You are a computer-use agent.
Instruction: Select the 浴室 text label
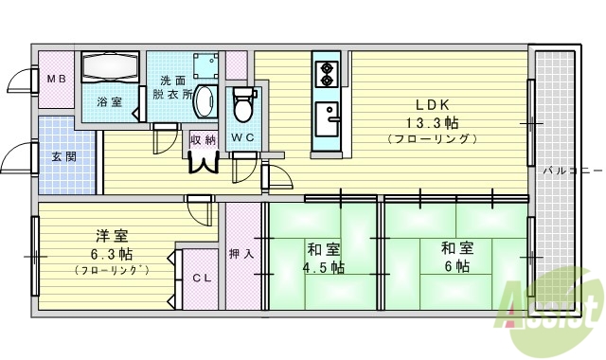coord(109,101)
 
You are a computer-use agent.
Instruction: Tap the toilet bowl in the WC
coord(242,104)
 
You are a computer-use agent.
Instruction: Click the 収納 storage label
coord(203,139)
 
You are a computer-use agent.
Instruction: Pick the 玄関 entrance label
coord(64,156)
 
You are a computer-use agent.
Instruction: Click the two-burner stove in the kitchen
coord(327,72)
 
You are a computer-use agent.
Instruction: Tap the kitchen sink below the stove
coord(330,118)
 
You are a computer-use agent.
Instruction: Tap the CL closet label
coord(201,278)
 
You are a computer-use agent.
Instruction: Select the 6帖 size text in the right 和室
coord(455,266)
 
